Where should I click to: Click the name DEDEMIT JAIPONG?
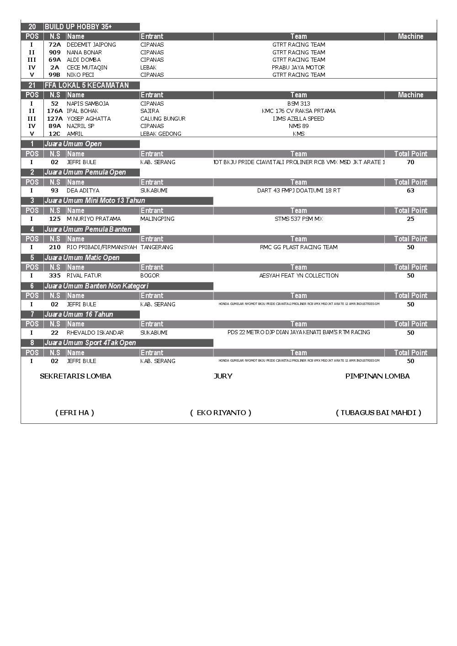91,45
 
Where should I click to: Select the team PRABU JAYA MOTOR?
298,68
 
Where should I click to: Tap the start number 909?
55,53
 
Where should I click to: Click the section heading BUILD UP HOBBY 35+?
78,27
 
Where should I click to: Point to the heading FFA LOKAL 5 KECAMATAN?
87,85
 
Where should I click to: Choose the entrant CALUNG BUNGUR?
163,119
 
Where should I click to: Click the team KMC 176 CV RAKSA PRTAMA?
298,111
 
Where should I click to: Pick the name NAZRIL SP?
80,126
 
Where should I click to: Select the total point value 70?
410,162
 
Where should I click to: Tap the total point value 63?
410,191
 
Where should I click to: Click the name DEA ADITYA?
83,191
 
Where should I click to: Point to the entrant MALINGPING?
157,219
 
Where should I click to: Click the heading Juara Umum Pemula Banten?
88,230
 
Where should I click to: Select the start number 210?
55,247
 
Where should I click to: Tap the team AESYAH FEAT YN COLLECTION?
298,276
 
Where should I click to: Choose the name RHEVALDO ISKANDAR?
95,333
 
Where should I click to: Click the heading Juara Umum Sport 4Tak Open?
90,343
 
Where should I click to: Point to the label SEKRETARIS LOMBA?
75,376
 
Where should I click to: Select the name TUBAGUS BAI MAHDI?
378,413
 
